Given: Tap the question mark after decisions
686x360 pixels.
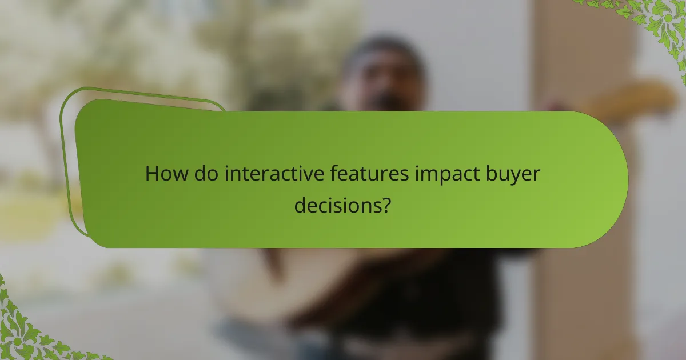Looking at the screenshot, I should [386, 204].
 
